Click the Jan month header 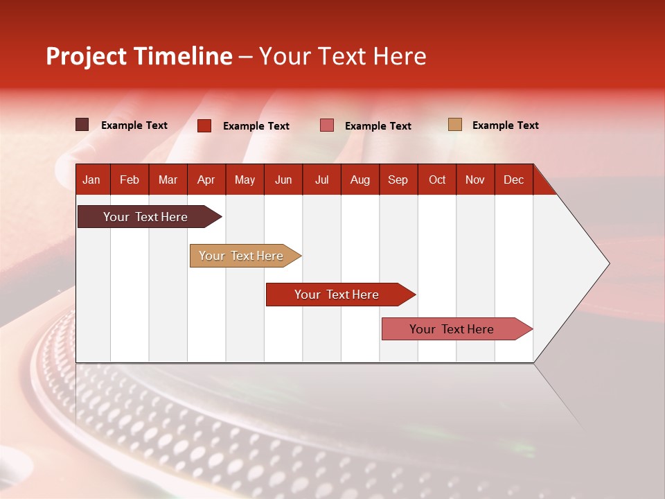coord(91,180)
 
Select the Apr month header coord(206,180)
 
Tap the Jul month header coord(321,180)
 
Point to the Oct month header coord(437,180)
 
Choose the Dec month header coord(513,180)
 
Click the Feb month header coord(130,180)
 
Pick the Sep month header coord(398,180)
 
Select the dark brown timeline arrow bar coord(150,217)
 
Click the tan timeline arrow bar coord(245,256)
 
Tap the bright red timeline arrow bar coord(341,295)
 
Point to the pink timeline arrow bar coord(457,329)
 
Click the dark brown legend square coord(82,125)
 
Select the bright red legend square coord(204,125)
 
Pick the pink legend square coord(326,125)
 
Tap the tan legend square coord(455,124)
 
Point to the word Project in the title coord(86,57)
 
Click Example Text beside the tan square coord(506,125)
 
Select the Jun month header coord(283,180)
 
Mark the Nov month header coord(475,180)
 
